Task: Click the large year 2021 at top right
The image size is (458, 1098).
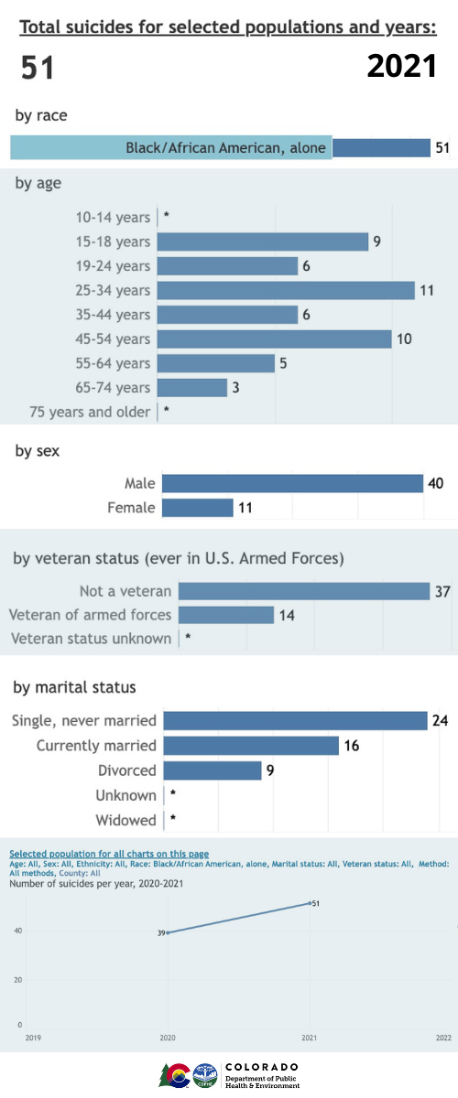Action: coord(401,66)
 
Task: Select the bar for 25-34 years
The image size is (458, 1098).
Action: coord(286,290)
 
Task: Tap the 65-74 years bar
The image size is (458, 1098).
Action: coord(192,388)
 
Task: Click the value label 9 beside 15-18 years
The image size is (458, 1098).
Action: coord(376,242)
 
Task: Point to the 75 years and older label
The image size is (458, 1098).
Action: coord(90,412)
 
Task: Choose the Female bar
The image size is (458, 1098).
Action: coord(197,507)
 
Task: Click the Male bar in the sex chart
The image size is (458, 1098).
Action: coord(292,483)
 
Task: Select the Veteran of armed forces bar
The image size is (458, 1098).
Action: coord(226,615)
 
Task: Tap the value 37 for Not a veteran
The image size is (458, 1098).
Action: coord(442,591)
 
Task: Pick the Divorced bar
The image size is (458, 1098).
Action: coord(213,770)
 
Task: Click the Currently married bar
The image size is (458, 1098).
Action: coord(251,746)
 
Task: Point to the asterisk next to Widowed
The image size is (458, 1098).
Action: coord(172,820)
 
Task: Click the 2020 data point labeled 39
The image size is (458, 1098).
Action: coord(168,932)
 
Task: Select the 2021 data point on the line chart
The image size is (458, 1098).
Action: coord(310,904)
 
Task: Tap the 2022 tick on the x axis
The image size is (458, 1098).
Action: coord(443,1038)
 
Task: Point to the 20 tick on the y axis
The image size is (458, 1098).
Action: coord(17,979)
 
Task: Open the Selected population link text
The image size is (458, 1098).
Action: coord(109,854)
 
